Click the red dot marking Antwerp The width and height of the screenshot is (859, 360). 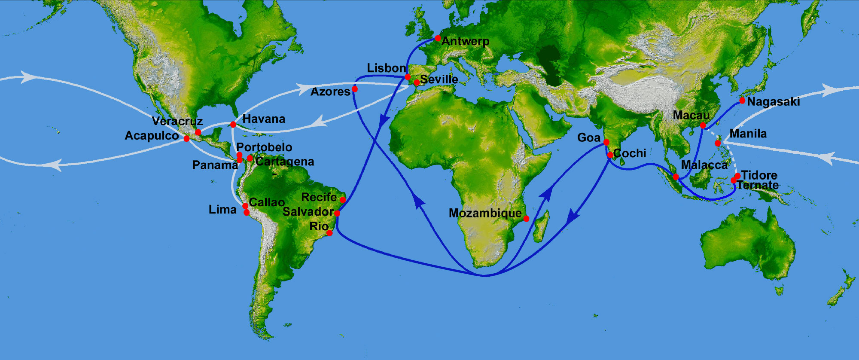pos(438,38)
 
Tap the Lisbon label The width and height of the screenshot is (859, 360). pos(386,68)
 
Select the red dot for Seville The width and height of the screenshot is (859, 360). pos(417,82)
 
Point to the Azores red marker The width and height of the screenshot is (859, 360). pos(355,89)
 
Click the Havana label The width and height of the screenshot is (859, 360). pos(264,119)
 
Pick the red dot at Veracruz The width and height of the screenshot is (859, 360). pos(198,132)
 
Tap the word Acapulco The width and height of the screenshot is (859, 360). pos(152,136)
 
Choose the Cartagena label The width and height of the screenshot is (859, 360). pos(285,162)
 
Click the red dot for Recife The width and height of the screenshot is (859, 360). pos(343,200)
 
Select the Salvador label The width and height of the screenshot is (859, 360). pos(308,212)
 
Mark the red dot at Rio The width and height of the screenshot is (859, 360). pos(329,233)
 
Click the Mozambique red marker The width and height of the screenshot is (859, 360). pos(526,218)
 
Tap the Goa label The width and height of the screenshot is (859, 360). pos(588,137)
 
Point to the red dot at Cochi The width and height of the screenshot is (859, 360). pos(610,155)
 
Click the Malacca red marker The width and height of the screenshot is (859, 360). pos(676,177)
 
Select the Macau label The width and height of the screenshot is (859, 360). pos(691,115)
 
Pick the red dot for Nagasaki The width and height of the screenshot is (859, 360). pos(742,101)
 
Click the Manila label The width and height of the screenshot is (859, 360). pos(748,134)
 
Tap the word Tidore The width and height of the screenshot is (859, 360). pos(759,175)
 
